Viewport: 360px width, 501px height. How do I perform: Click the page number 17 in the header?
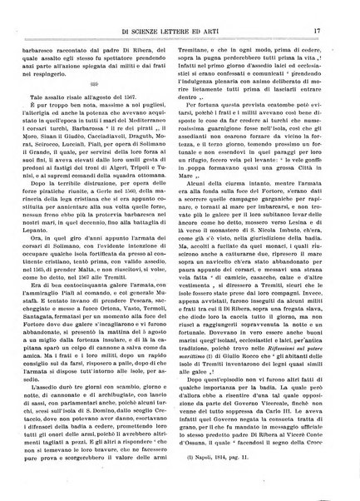pos(330,10)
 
